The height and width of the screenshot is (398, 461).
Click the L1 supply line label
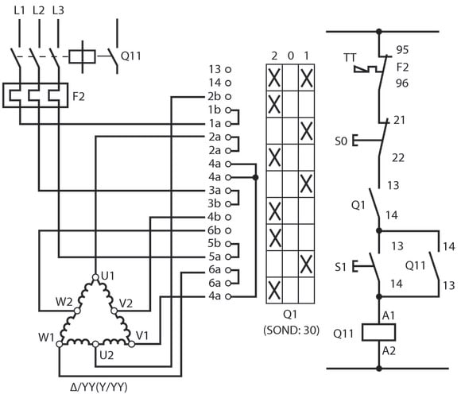(x=19, y=10)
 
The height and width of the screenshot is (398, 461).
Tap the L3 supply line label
(x=58, y=10)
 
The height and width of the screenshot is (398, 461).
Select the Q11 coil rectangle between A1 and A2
(x=378, y=332)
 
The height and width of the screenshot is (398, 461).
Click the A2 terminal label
(x=389, y=351)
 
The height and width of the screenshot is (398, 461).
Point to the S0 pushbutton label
(x=341, y=141)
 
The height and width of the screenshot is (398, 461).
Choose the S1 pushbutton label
(x=340, y=267)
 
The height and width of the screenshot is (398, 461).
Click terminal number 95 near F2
(x=402, y=50)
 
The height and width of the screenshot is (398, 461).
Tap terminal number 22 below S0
(x=398, y=158)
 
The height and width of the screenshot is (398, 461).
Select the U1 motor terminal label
(x=107, y=276)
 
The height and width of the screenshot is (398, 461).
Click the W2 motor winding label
(x=64, y=302)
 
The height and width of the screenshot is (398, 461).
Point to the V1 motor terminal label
(x=142, y=335)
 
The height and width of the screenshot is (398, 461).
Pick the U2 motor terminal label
(x=107, y=355)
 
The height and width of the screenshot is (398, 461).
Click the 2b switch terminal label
(x=214, y=96)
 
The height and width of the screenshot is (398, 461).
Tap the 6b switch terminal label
(x=214, y=230)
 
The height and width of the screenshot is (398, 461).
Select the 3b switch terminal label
(x=214, y=203)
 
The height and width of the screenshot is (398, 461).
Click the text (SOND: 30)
(x=291, y=330)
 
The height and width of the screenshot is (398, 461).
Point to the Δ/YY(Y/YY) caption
(x=99, y=387)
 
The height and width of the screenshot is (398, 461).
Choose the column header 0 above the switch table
(x=290, y=56)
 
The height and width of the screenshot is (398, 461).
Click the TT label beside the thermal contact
(x=350, y=58)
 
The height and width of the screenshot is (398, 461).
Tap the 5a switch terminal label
(x=215, y=257)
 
